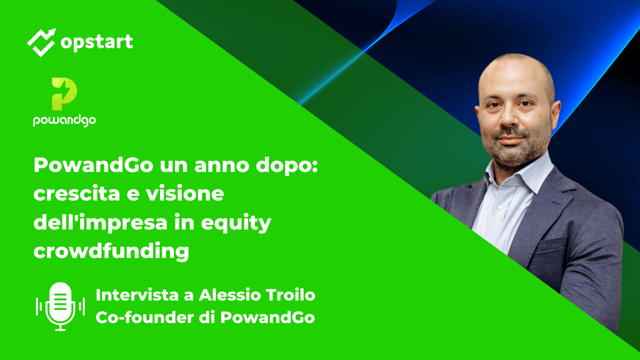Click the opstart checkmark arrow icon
click(41, 42)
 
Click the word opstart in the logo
click(96, 42)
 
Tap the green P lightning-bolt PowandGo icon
click(64, 93)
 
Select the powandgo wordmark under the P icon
click(64, 120)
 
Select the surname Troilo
click(292, 295)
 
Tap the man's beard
click(515, 150)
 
